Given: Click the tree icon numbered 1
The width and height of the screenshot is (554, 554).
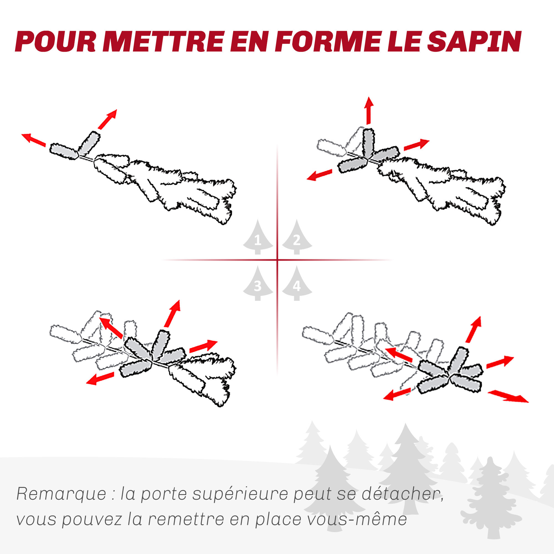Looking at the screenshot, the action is [258, 237].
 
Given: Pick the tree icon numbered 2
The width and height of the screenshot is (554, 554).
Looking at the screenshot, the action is [297, 237].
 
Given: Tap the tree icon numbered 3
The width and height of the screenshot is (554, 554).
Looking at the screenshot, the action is [258, 283].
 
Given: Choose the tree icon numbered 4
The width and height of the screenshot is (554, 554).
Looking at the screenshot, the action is [297, 283].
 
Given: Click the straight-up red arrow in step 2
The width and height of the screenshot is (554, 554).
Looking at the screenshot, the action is [369, 111].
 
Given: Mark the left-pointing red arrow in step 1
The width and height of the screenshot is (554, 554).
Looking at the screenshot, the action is [34, 140].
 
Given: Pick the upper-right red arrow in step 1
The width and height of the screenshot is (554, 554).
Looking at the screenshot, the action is [107, 119].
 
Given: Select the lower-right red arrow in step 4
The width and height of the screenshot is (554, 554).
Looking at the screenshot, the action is [508, 397].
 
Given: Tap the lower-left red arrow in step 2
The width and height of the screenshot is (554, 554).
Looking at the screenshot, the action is [319, 175].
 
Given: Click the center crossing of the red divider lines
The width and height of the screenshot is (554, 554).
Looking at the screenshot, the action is [277, 260].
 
